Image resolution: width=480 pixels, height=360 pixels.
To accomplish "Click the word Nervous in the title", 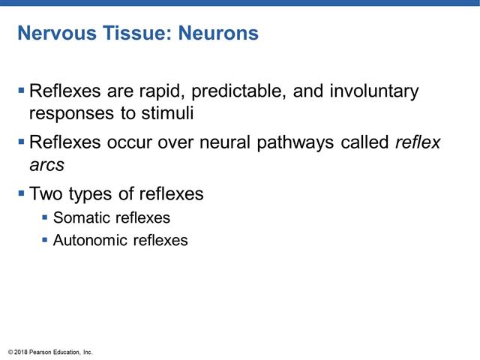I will click(x=52, y=34).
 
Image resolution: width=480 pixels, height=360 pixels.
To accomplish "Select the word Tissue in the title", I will click(x=132, y=34).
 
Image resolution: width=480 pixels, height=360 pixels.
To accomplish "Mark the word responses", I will click(x=67, y=113).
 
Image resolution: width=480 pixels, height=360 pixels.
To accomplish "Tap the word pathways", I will click(x=298, y=142).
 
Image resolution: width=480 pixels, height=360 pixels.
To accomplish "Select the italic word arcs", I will click(x=46, y=164).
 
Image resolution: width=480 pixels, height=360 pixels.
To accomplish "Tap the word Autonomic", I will click(x=87, y=241).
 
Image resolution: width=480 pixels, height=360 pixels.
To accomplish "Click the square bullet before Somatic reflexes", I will click(x=45, y=218).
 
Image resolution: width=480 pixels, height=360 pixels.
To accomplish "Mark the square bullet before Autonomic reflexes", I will click(x=45, y=241).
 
